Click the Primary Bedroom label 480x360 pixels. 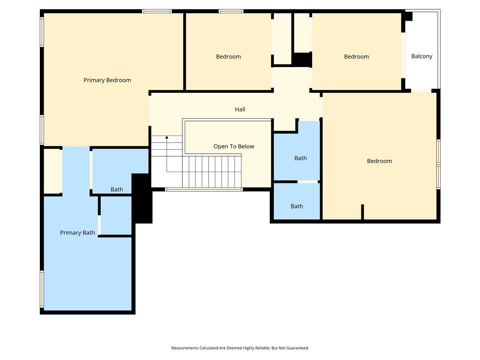(x=107, y=80)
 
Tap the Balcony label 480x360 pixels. (x=421, y=56)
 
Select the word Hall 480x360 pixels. (x=240, y=109)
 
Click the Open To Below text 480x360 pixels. (x=233, y=146)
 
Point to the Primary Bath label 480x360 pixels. (x=77, y=232)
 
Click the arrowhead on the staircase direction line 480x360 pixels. (x=167, y=137)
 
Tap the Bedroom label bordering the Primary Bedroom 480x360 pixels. (x=228, y=56)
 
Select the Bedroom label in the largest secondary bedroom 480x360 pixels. (x=379, y=161)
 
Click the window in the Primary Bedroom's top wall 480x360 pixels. (x=157, y=11)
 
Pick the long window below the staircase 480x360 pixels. (x=204, y=189)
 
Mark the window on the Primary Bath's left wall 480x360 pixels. (x=42, y=289)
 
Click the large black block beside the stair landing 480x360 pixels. (x=142, y=198)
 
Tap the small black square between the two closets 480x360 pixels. (x=302, y=60)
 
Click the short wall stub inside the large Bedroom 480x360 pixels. (x=362, y=211)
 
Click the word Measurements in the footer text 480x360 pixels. (x=184, y=348)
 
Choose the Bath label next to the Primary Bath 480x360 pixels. (x=117, y=189)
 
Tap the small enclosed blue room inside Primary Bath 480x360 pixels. (x=116, y=216)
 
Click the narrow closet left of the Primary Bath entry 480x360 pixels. (x=52, y=171)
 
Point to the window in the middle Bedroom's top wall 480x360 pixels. (x=231, y=11)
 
